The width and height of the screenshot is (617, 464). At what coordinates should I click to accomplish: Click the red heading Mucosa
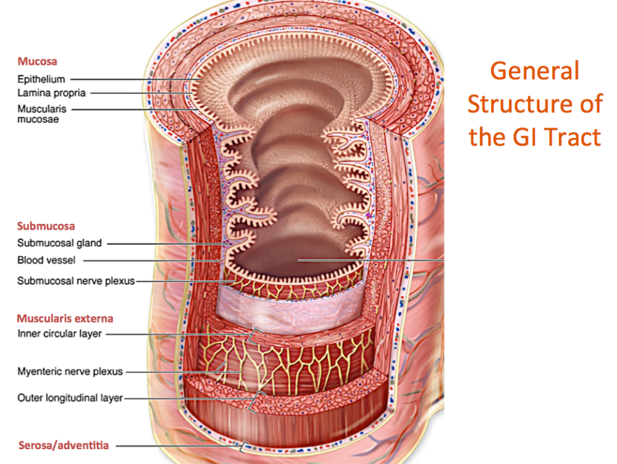pos(37,62)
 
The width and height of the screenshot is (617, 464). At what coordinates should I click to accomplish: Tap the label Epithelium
pos(41,79)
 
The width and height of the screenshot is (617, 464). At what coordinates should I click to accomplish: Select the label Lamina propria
pos(51,93)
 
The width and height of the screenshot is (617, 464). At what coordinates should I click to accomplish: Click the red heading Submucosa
pos(46,226)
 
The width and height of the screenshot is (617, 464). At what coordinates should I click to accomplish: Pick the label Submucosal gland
pos(59,243)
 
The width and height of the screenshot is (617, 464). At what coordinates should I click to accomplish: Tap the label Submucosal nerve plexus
pos(76,281)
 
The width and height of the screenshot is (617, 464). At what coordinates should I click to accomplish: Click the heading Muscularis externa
pos(65,319)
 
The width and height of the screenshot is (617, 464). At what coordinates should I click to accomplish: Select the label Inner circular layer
pos(59,334)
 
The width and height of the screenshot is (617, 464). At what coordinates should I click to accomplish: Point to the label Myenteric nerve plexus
pos(70,372)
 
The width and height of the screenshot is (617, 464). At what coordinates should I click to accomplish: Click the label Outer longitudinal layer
pos(70,398)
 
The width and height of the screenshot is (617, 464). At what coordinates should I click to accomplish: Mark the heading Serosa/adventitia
pos(64,445)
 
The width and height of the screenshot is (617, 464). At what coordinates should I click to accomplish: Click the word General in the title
pos(534,72)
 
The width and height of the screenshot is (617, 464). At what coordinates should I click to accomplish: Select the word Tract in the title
pos(568,136)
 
